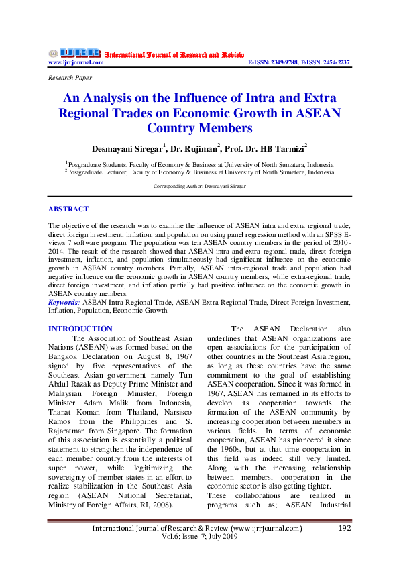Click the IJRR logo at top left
click(x=74, y=53)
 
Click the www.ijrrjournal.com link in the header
click(x=76, y=62)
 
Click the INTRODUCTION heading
click(x=80, y=329)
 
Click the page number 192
click(x=345, y=528)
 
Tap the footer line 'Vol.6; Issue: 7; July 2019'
click(x=199, y=537)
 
